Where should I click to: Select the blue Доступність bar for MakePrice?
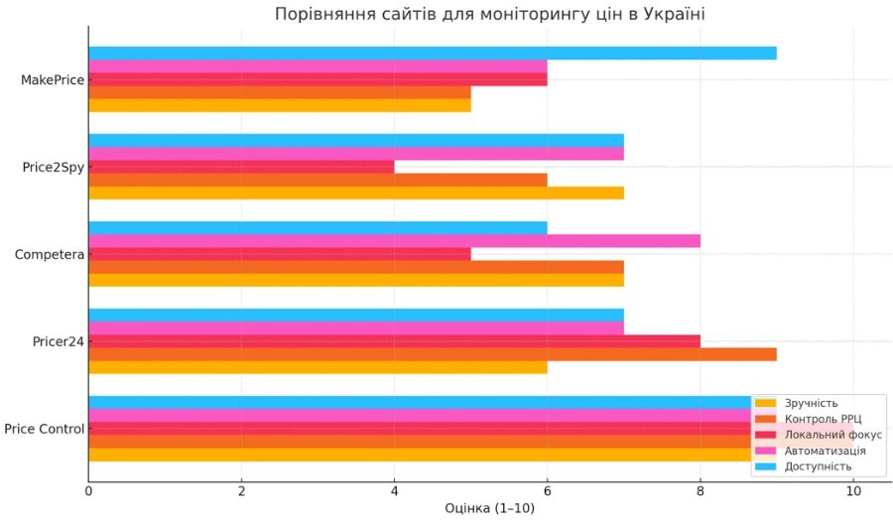click(432, 53)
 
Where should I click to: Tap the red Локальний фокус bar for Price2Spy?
click(241, 167)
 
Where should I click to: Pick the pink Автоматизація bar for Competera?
click(394, 241)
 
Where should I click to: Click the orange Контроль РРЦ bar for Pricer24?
click(432, 354)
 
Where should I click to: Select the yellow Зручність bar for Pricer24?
click(318, 367)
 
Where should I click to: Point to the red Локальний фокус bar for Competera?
click(280, 254)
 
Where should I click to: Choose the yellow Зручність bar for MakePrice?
click(280, 105)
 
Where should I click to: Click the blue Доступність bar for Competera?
click(318, 227)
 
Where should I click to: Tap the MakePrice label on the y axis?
click(52, 79)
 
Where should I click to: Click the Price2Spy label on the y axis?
click(53, 167)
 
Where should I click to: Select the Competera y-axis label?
click(49, 254)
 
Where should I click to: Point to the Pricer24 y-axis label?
click(58, 341)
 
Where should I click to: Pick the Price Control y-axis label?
click(44, 429)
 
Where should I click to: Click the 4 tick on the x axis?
click(394, 491)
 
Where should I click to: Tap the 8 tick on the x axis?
click(701, 491)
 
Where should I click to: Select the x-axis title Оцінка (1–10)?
click(490, 508)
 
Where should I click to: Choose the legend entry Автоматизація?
click(825, 451)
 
